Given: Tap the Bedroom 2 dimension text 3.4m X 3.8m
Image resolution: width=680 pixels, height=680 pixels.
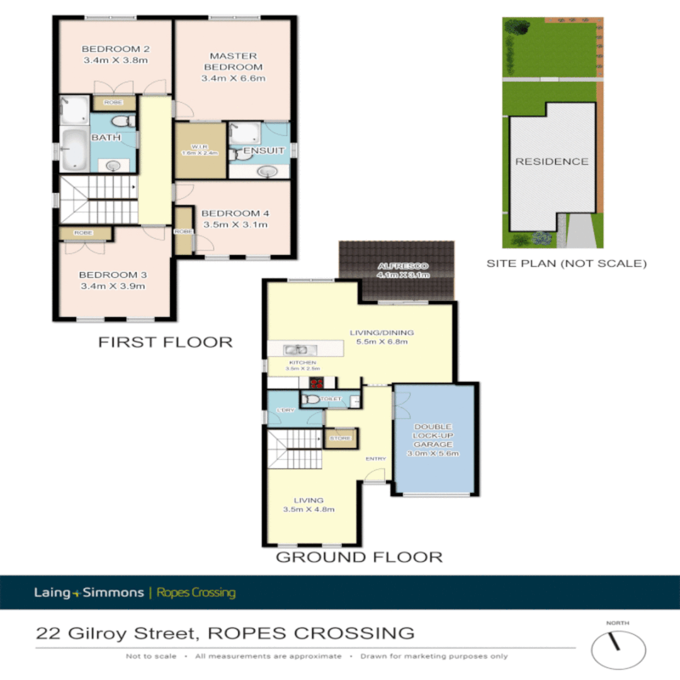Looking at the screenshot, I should [x=115, y=60].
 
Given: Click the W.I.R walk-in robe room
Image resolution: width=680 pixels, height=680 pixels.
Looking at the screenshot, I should [x=200, y=150].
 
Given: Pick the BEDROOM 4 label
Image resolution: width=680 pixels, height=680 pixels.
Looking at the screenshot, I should [x=235, y=213].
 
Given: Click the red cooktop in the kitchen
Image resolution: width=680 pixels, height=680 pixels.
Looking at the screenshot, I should [x=317, y=382].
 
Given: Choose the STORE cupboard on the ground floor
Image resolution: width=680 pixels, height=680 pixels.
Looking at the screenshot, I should [x=341, y=438].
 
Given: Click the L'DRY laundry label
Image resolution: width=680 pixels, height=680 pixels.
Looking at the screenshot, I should [x=286, y=410].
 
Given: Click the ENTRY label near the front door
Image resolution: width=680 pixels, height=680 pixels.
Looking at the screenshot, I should [x=375, y=458].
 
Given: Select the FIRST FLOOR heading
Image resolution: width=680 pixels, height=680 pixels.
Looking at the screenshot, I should [x=165, y=342].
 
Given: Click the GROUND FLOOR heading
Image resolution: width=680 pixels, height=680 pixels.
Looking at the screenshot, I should [x=359, y=557].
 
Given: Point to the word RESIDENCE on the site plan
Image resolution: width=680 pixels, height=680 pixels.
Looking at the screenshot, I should [x=552, y=162].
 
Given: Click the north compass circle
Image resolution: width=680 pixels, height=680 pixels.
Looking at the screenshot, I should [x=618, y=650].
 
